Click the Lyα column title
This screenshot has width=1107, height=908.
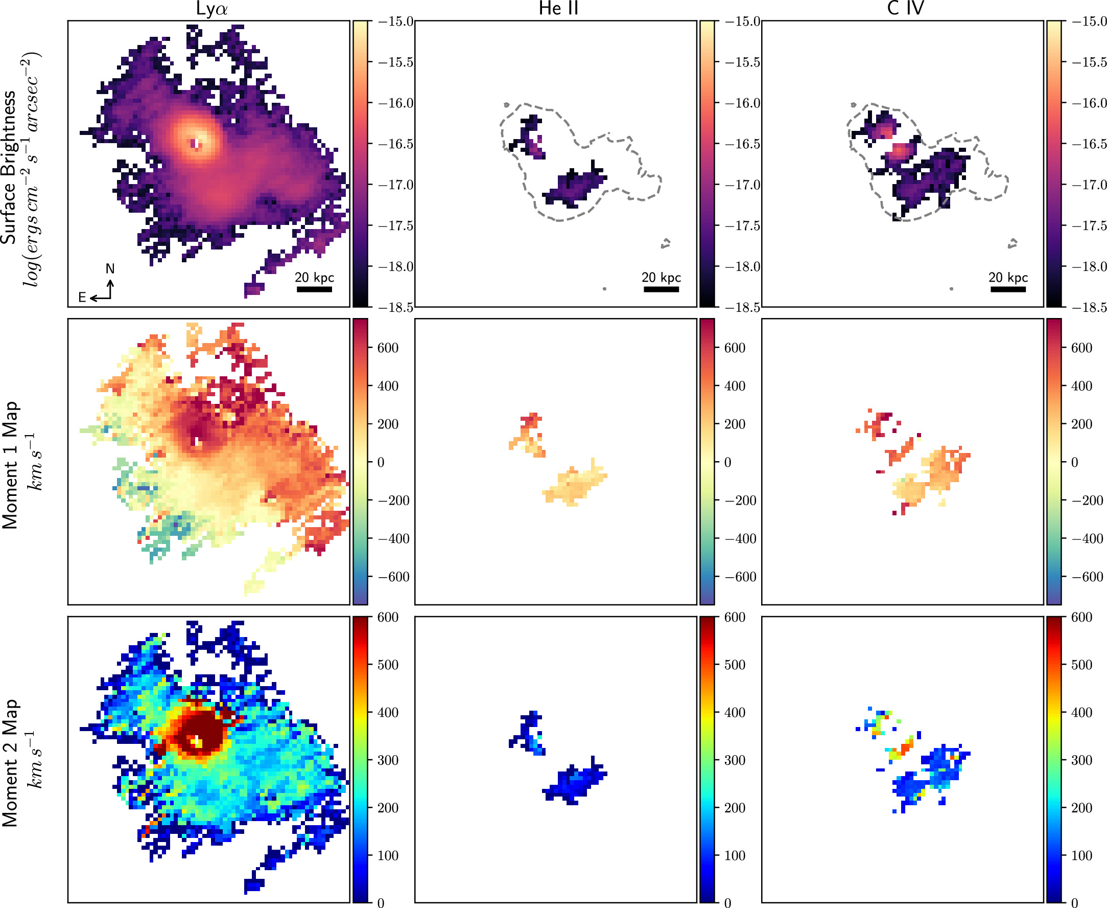tap(211, 8)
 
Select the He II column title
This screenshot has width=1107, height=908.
tap(558, 8)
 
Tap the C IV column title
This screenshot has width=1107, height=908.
tap(905, 8)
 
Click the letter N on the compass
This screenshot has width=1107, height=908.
tap(110, 269)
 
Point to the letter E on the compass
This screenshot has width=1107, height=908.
tap(82, 298)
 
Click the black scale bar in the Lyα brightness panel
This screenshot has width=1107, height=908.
tap(314, 289)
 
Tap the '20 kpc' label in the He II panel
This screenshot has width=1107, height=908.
tap(661, 277)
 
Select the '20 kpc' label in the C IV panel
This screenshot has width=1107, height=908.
tap(1008, 277)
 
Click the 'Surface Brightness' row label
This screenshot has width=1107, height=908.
tap(9, 167)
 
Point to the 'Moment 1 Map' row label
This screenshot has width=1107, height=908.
tap(10, 466)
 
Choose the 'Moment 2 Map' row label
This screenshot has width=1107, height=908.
tap(10, 763)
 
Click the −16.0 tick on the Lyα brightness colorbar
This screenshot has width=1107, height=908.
tap(395, 103)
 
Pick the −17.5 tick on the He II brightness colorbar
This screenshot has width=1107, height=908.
tap(742, 225)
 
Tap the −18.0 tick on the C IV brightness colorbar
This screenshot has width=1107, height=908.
tap(1089, 266)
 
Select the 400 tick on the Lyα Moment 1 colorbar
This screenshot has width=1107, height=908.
tap(388, 386)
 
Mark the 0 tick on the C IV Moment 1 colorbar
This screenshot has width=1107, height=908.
tap(1075, 462)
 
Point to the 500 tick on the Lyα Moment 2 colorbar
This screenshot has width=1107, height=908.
tap(388, 665)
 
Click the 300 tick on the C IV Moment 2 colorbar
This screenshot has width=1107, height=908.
tap(1082, 760)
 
